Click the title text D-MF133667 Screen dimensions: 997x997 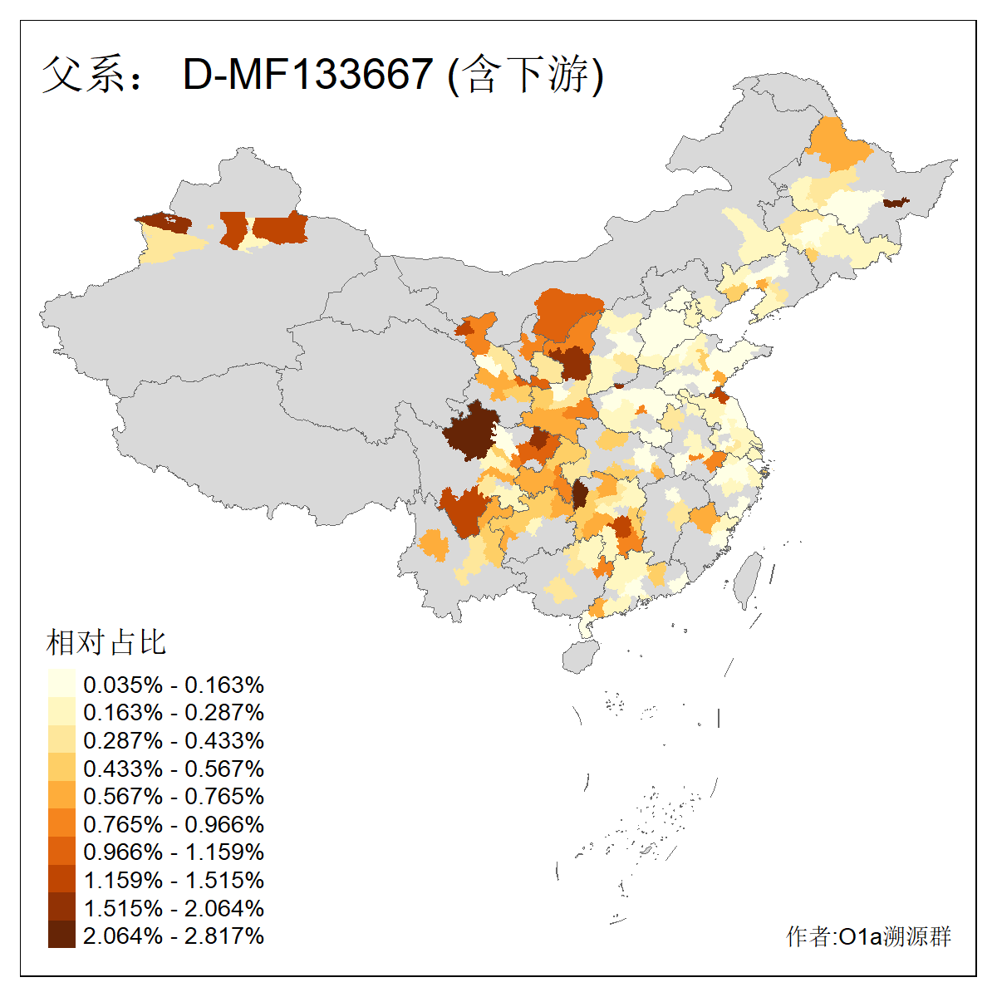pyautogui.click(x=307, y=75)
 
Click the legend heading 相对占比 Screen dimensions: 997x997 pyautogui.click(x=106, y=642)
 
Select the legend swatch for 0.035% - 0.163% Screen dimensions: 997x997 pyautogui.click(x=61, y=685)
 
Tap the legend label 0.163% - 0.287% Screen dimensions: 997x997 pyautogui.click(x=174, y=713)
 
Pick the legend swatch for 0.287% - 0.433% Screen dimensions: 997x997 pyautogui.click(x=61, y=740)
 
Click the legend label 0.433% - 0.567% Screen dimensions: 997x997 pyautogui.click(x=174, y=769)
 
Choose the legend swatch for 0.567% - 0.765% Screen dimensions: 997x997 pyautogui.click(x=61, y=796)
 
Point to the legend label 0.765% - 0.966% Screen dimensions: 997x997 pyautogui.click(x=174, y=824)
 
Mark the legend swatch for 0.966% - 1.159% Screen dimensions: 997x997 pyautogui.click(x=61, y=852)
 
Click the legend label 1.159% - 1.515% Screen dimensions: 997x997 pyautogui.click(x=174, y=880)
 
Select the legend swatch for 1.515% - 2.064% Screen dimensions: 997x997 pyautogui.click(x=61, y=907)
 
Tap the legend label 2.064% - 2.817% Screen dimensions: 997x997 pyautogui.click(x=174, y=936)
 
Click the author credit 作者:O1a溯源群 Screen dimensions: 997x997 pyautogui.click(x=868, y=936)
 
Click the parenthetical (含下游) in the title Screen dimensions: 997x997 pyautogui.click(x=525, y=75)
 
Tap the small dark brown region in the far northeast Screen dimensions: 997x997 pyautogui.click(x=896, y=203)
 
